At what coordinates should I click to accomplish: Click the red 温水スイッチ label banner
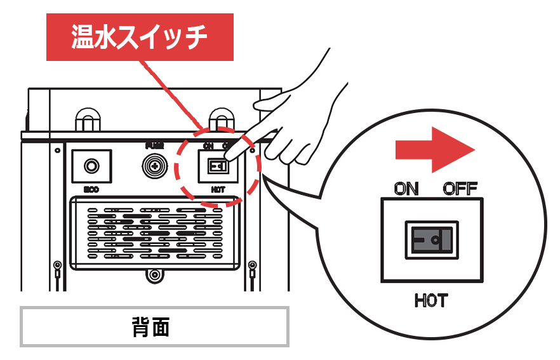coord(140,37)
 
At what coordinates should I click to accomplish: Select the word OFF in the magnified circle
coord(460,189)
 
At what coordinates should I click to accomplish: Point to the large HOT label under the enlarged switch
coord(431,300)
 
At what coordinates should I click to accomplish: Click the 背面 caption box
coord(154,327)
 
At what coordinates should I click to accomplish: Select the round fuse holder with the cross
coord(153,166)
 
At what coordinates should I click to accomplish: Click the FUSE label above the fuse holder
coord(153,145)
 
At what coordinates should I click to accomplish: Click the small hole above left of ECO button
coord(58,150)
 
